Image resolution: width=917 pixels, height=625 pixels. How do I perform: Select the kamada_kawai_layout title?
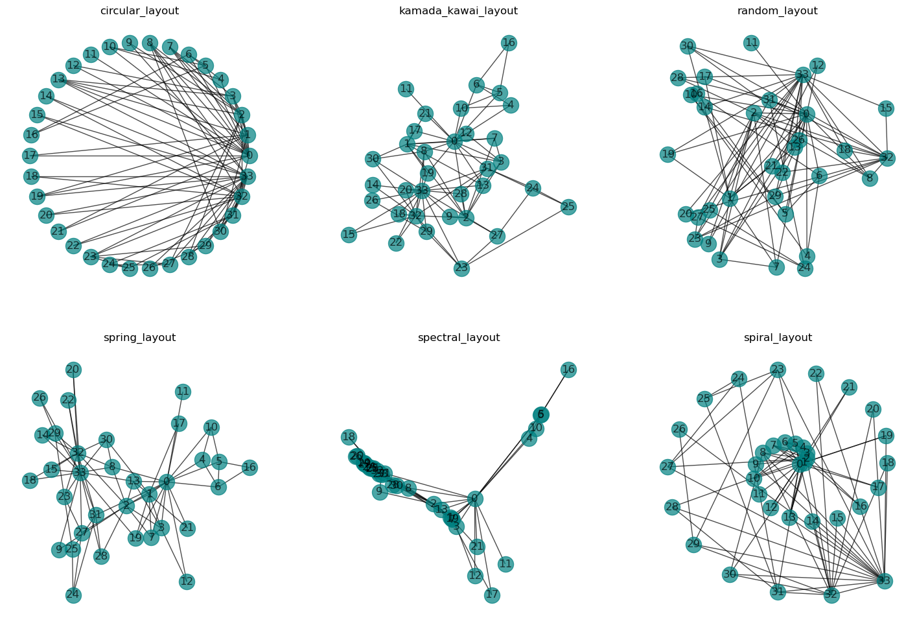[458, 11]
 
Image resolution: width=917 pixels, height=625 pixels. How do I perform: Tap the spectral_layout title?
[458, 338]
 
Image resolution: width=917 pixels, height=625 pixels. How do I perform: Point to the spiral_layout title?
[778, 338]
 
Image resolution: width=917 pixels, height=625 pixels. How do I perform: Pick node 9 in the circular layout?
[130, 43]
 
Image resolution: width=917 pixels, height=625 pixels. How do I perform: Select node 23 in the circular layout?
[91, 257]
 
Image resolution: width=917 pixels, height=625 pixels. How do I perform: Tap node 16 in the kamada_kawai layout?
[509, 43]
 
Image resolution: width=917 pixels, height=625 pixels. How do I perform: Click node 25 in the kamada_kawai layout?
[568, 207]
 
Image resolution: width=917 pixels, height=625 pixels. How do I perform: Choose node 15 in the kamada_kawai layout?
[349, 235]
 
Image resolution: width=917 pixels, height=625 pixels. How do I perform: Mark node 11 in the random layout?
[751, 43]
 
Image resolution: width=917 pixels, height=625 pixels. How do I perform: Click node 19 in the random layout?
[668, 154]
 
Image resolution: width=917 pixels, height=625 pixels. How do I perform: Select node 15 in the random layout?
[886, 108]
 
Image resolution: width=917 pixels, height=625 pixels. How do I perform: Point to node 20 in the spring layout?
[73, 370]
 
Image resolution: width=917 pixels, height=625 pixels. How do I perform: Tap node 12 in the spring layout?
[187, 582]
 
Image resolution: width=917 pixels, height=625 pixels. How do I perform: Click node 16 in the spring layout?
[250, 467]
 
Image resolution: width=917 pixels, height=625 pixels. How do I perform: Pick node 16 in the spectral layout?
[568, 370]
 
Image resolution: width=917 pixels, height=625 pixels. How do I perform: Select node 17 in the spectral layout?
[492, 595]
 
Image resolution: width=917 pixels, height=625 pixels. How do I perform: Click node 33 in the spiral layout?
[885, 581]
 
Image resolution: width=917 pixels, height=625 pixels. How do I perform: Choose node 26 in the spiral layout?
[679, 429]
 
